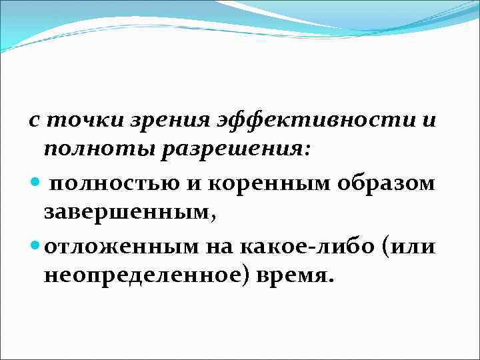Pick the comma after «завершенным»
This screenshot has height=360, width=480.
pyautogui.click(x=213, y=218)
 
